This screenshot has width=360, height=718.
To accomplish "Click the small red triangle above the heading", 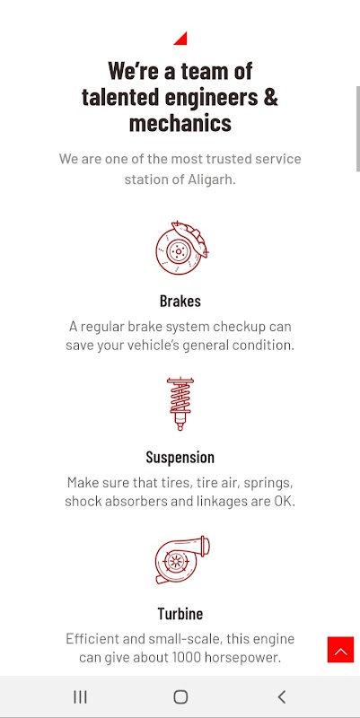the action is (x=182, y=39).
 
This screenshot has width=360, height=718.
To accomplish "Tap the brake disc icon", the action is (x=182, y=249).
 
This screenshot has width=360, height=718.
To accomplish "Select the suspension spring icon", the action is (x=180, y=404).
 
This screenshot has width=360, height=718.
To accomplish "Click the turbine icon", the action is (x=182, y=559).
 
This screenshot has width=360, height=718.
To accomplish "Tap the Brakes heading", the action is (x=180, y=301).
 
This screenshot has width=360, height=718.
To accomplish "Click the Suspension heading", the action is (x=180, y=457).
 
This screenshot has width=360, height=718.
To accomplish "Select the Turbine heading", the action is (x=180, y=613).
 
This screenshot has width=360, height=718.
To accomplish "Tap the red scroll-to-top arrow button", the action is (x=341, y=649).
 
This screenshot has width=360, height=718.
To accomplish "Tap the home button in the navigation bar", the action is (x=180, y=697).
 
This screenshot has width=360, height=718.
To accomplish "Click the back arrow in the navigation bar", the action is (x=282, y=697).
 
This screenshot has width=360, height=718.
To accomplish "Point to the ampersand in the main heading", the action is (x=271, y=97).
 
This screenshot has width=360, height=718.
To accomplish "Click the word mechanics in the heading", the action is (x=180, y=123).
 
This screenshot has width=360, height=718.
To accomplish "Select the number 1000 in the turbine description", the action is (x=187, y=658).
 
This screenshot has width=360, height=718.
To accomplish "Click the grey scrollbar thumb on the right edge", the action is (x=357, y=128).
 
